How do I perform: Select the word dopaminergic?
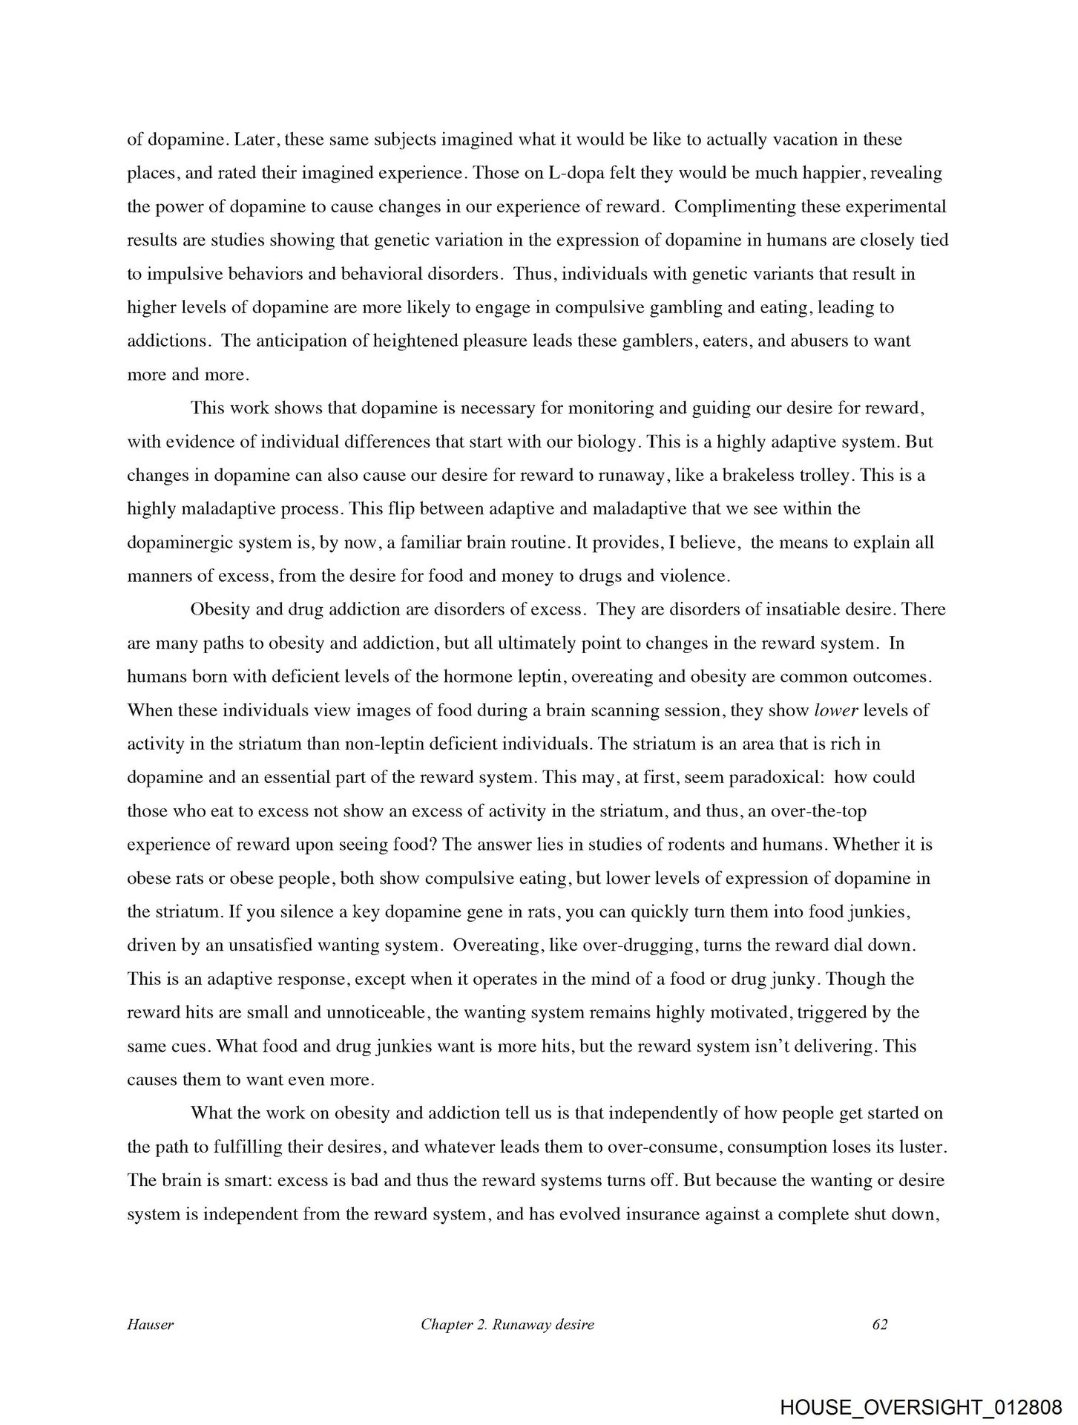point(173,543)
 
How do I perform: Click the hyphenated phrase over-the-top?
point(818,811)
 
